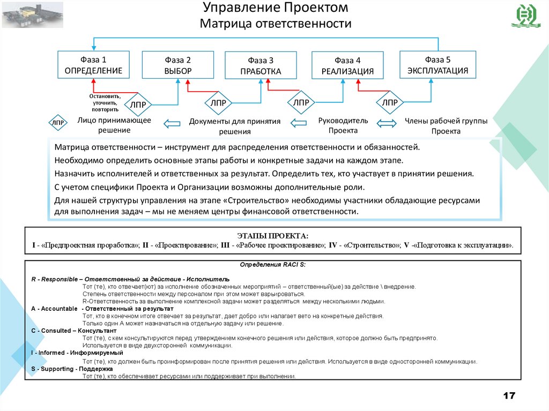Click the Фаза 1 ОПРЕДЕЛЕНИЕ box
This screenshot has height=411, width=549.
coord(93,65)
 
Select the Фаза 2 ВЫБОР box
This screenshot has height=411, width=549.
coord(177,65)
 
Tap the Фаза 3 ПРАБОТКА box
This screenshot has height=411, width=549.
coord(261,66)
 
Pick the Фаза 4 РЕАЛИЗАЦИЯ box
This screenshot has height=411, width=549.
coord(347,66)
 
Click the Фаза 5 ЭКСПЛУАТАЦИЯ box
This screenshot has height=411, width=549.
coord(437,65)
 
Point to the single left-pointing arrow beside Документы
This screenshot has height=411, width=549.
coord(172,124)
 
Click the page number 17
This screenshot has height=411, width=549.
coord(508,396)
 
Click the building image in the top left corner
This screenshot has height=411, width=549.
coord(32,14)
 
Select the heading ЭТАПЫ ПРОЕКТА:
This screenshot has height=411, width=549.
coord(273,236)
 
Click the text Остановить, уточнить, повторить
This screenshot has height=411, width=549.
coord(105,102)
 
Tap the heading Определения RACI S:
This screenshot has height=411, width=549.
coord(272,265)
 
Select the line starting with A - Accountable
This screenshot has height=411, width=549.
coord(102,309)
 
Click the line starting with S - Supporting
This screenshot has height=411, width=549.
coord(72,369)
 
